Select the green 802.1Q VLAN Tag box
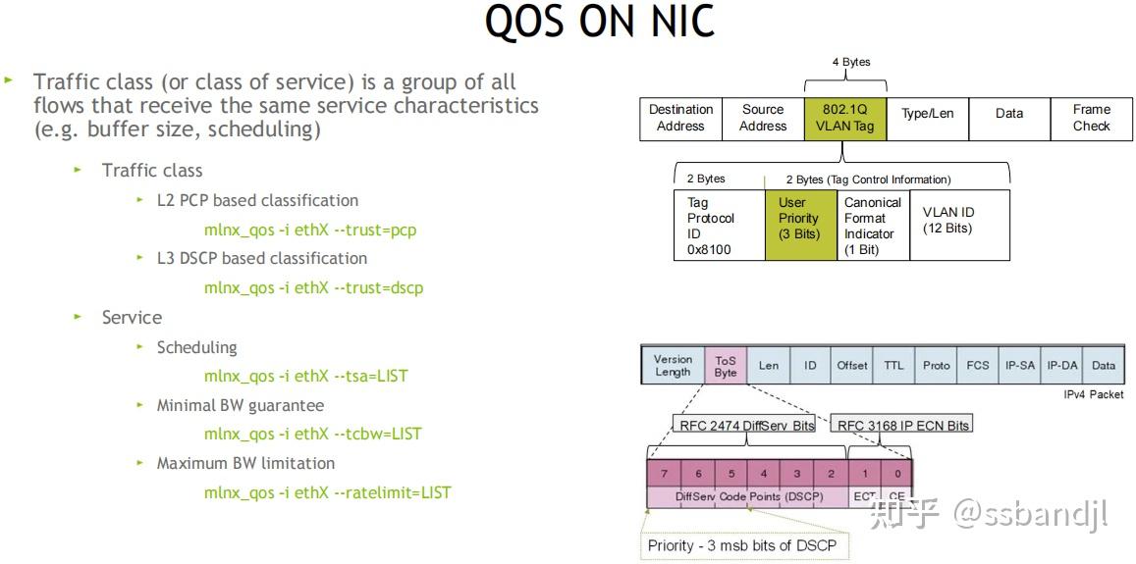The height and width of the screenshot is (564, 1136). (843, 119)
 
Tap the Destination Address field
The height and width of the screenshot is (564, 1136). (680, 119)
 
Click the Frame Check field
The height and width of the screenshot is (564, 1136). (1091, 119)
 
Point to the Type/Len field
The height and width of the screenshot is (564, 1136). (927, 114)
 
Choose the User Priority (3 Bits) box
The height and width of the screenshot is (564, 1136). (798, 219)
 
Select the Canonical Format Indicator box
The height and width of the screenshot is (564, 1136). (872, 226)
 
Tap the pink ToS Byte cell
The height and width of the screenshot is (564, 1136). (726, 366)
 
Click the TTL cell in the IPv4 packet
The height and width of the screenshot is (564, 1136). (893, 366)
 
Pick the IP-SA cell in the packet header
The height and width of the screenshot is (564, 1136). (1019, 366)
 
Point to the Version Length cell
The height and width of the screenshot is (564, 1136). (673, 366)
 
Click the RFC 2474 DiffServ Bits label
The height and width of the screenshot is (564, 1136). (747, 425)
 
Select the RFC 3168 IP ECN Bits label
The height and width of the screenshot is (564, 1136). (902, 425)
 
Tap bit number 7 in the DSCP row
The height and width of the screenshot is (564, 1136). (664, 474)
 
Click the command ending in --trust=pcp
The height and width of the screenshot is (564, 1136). (310, 231)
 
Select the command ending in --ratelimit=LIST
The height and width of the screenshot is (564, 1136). (327, 492)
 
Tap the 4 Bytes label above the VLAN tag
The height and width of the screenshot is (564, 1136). (850, 62)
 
